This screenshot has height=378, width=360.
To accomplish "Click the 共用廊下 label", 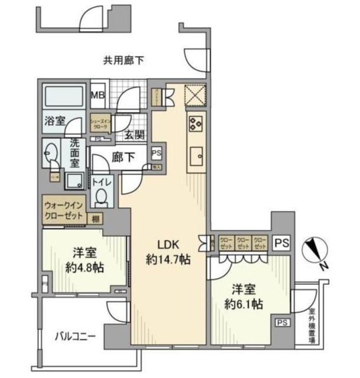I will click(x=124, y=60).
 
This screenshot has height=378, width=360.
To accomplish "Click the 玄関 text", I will click(x=133, y=135).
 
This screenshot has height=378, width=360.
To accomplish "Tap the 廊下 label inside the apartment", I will click(x=122, y=158).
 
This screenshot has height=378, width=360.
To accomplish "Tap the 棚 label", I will click(x=95, y=219).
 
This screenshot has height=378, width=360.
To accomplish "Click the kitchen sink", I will click(x=195, y=156).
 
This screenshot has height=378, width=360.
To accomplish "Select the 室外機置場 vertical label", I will click(x=312, y=327).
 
